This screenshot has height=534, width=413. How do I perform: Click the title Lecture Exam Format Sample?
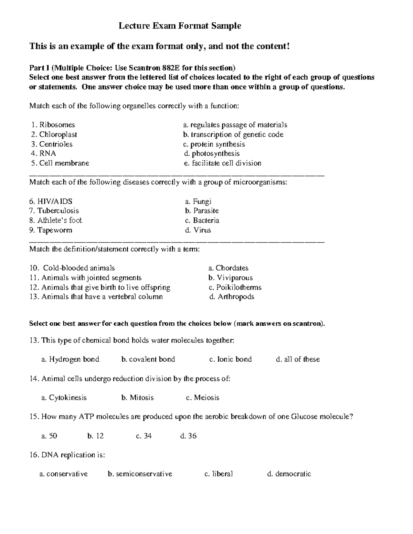tap(180, 26)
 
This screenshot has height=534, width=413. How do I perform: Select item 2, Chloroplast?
tap(54, 134)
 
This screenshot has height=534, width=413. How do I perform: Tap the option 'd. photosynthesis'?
tap(212, 153)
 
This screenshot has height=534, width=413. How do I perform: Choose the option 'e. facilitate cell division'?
tap(223, 163)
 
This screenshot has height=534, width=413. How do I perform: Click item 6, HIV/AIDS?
tap(51, 201)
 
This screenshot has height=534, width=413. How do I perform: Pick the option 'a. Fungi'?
tap(198, 201)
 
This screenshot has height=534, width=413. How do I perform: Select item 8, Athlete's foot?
tap(55, 220)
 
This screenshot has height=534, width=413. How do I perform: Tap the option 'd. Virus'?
tap(198, 230)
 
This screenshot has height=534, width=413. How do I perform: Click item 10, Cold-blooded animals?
tap(72, 268)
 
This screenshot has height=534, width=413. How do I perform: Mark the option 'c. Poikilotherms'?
tap(235, 287)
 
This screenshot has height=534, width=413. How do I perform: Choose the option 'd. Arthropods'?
tap(232, 296)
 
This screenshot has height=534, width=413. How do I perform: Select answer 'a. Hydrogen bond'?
tap(70, 359)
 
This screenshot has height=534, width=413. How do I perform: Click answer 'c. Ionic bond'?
tap(230, 359)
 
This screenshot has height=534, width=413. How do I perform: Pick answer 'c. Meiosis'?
tap(202, 397)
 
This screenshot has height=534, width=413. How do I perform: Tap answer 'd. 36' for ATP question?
tap(188, 436)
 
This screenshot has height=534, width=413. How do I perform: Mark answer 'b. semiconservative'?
tap(140, 474)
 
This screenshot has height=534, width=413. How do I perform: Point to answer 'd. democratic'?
tap(289, 474)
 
